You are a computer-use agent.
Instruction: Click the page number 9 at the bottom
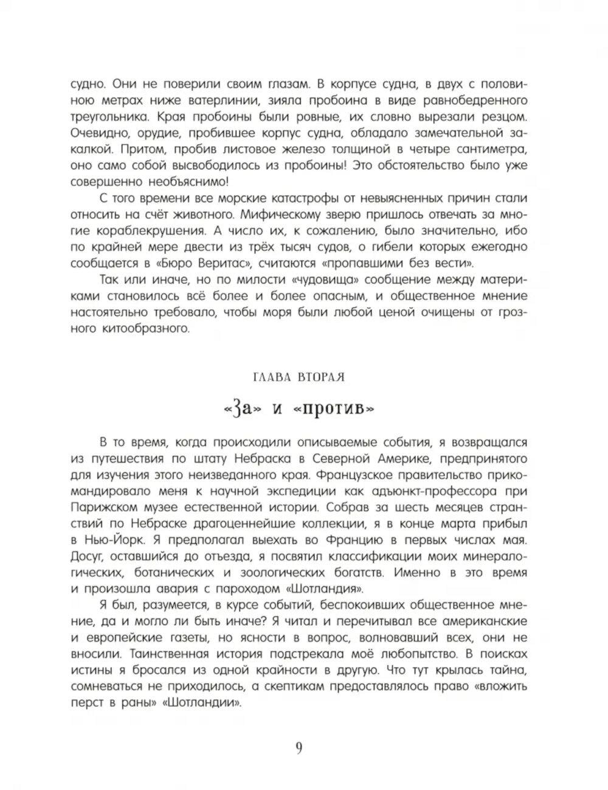299,748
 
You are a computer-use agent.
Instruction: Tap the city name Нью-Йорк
116,540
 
